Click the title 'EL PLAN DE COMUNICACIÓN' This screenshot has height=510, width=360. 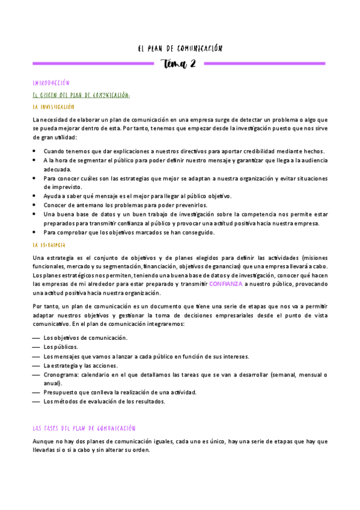(180, 48)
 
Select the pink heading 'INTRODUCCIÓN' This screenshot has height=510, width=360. (52, 83)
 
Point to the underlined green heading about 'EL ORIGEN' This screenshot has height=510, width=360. (82, 94)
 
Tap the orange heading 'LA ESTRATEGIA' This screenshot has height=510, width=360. (50, 245)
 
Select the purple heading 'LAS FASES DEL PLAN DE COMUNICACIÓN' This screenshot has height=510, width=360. (84, 428)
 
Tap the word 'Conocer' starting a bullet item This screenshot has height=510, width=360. (55, 205)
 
